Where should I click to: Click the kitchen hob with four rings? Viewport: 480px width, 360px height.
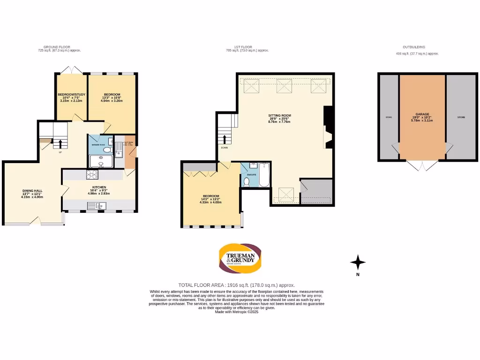(x=91, y=174)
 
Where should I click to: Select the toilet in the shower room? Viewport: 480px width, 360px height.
(x=107, y=150)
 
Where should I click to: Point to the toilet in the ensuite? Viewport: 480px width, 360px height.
(x=247, y=181)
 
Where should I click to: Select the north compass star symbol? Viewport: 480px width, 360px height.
(x=358, y=262)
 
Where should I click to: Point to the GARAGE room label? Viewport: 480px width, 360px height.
(x=422, y=114)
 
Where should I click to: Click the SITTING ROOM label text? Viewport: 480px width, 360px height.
(x=279, y=115)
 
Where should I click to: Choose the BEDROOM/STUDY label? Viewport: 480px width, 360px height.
(x=71, y=94)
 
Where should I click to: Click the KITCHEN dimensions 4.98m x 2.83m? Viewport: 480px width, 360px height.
(x=98, y=194)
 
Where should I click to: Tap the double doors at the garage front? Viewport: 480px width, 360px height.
(x=422, y=165)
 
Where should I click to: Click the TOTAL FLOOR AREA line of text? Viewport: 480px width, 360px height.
(x=236, y=285)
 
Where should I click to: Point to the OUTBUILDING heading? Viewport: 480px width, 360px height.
(x=414, y=47)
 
